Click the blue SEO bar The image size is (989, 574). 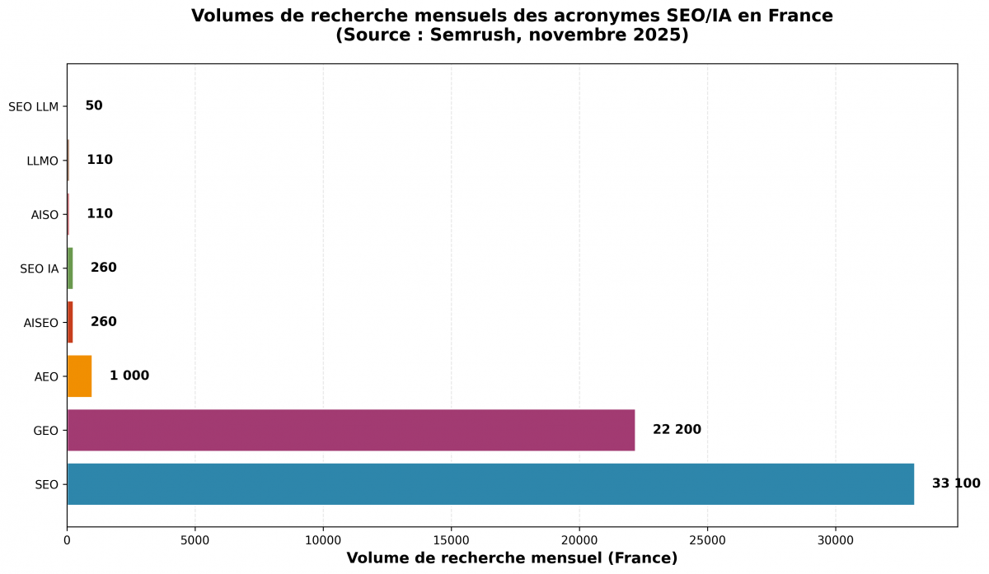point(490,484)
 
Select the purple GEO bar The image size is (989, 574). point(351,430)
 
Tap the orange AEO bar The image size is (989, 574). point(79,376)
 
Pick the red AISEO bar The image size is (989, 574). point(70,322)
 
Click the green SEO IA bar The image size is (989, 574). point(70,268)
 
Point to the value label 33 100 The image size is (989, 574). point(956,483)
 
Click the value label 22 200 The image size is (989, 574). point(677,429)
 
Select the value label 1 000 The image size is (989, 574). point(129,376)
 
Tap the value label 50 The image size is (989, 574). point(94,105)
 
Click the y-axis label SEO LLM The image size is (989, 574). point(33,106)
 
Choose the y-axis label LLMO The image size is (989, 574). point(43,161)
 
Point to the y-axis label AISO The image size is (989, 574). point(45,215)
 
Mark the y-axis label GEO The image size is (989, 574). point(46,431)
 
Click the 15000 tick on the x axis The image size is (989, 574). point(452,539)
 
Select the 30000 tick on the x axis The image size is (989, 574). point(836,539)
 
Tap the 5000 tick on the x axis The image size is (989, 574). point(195,539)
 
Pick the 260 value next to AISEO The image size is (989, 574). point(104,321)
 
